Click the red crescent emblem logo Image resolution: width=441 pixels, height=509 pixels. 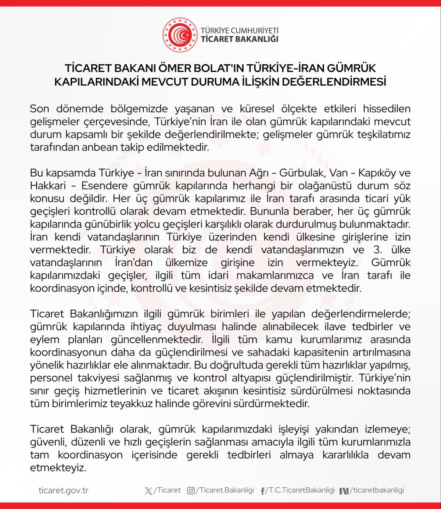180,35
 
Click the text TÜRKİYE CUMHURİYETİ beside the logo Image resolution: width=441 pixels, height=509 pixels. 239,31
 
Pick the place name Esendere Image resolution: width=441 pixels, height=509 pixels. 104,186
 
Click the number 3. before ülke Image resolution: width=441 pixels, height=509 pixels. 377,250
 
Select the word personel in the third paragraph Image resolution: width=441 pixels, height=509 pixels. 49,378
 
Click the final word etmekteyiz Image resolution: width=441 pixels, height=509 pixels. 58,468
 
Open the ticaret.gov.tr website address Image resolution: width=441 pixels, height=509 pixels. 64,491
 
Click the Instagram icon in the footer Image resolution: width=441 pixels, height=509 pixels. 191,491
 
